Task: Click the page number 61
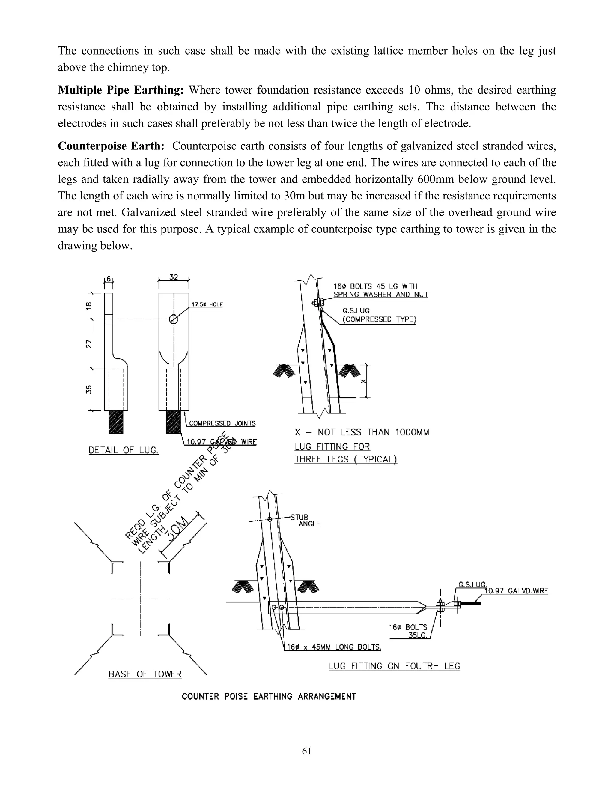tap(306, 751)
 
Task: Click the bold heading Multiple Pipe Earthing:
tap(121, 90)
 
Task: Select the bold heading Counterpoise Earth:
tap(111, 146)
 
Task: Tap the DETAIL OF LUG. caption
tap(124, 450)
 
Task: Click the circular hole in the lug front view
tap(174, 319)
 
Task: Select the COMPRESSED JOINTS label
tap(222, 423)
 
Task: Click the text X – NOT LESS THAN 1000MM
tap(362, 432)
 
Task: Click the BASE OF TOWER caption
tap(145, 674)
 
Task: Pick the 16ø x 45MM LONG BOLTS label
tap(334, 647)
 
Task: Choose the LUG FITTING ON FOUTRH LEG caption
tap(394, 666)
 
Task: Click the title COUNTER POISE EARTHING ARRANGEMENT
tap(269, 696)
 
